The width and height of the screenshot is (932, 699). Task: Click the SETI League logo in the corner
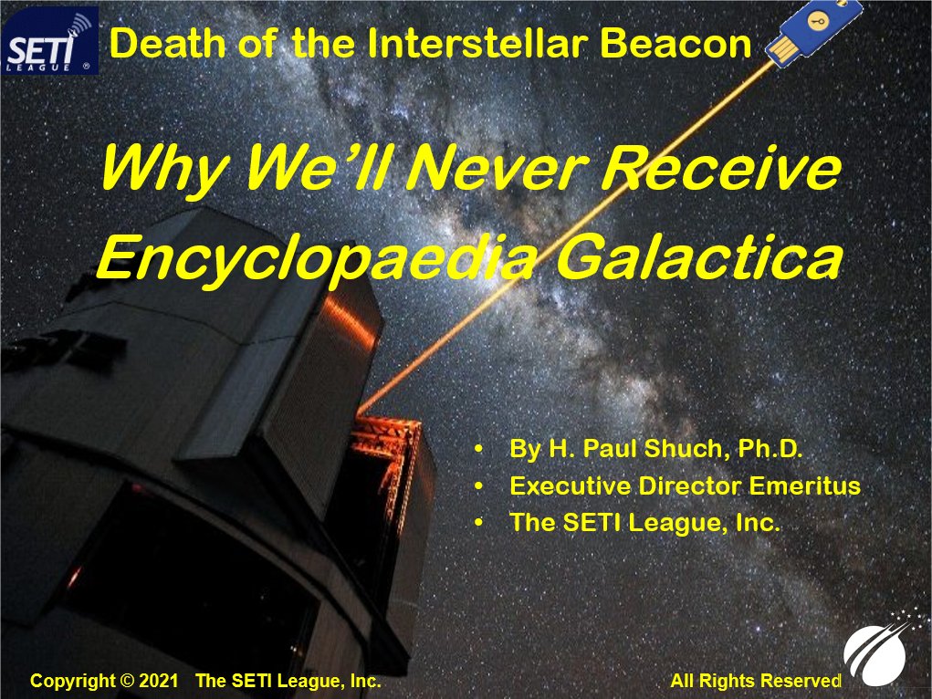(50, 40)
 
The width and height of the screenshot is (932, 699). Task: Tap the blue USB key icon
(813, 31)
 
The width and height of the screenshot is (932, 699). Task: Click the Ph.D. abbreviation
(770, 448)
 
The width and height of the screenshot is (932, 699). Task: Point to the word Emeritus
(805, 485)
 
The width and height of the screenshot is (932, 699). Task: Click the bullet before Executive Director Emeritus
(479, 486)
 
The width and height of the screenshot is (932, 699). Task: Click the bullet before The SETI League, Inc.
(479, 523)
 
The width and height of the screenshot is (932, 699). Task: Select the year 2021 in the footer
(158, 681)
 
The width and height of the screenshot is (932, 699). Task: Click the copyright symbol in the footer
(127, 681)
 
